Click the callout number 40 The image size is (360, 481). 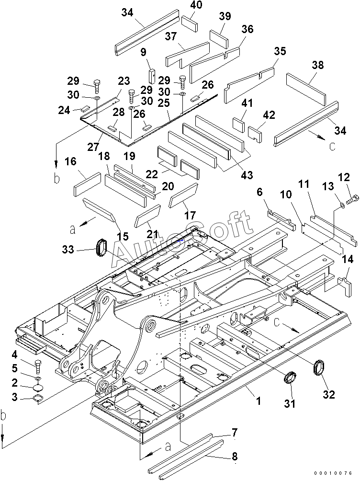[196, 5]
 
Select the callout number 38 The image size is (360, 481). [317, 65]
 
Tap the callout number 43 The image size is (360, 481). [247, 175]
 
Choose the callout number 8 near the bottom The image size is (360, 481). [235, 457]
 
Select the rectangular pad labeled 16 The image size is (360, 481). [87, 184]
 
